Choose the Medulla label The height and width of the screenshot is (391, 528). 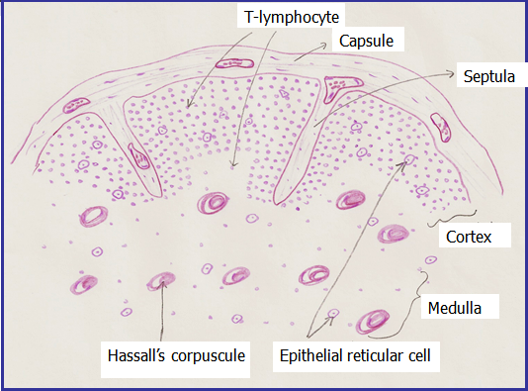[456, 308]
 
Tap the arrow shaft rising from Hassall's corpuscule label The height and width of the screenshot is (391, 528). [159, 317]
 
